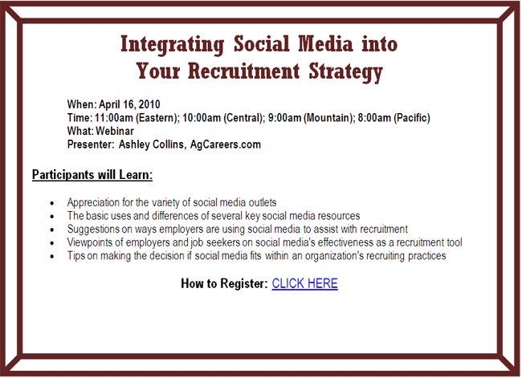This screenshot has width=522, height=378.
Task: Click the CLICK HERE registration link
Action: click(x=304, y=283)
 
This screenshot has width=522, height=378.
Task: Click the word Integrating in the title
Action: click(x=173, y=45)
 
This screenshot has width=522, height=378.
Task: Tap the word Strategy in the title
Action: click(x=345, y=72)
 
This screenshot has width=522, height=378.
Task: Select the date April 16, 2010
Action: click(x=129, y=104)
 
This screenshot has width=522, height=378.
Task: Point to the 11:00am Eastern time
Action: click(x=137, y=118)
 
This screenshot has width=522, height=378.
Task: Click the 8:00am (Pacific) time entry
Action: click(x=394, y=118)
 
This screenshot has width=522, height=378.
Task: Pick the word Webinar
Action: click(x=115, y=131)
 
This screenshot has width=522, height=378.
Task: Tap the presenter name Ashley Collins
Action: click(x=152, y=144)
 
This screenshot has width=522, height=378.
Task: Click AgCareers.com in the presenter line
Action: click(x=226, y=144)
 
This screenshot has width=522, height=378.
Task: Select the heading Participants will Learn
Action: click(x=92, y=175)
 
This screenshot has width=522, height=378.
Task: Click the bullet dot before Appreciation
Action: click(x=52, y=203)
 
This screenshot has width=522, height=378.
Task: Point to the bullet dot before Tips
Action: click(x=52, y=256)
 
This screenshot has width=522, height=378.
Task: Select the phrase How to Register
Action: click(x=224, y=283)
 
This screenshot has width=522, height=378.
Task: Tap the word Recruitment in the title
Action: click(x=243, y=71)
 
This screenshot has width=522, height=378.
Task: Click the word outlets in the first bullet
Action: click(x=263, y=202)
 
